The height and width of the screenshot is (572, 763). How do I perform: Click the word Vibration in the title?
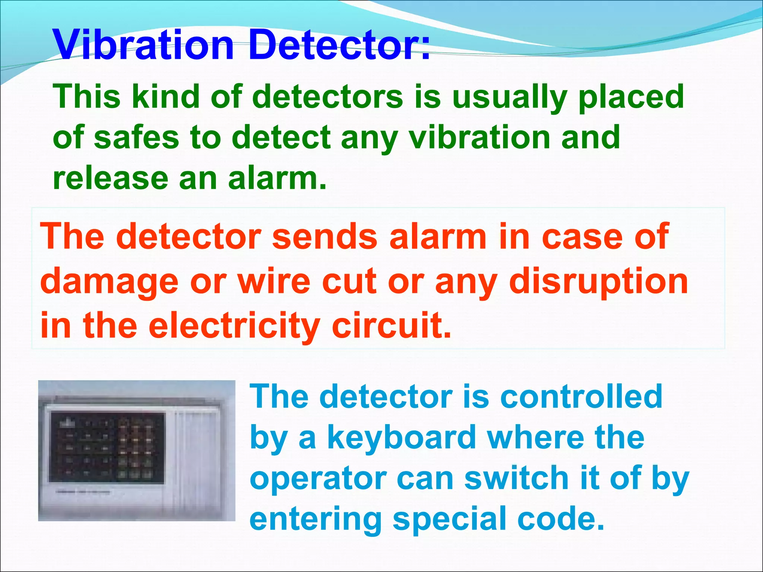(x=143, y=45)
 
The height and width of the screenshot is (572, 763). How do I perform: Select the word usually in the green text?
(x=509, y=98)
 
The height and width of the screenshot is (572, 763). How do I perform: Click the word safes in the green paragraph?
(x=136, y=137)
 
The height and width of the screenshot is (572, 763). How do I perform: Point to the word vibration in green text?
(x=479, y=137)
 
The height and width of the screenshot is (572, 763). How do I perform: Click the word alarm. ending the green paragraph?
(x=277, y=178)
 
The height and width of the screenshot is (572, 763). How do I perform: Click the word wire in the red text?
(x=274, y=281)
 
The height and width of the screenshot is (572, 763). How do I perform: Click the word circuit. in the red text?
(x=391, y=325)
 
